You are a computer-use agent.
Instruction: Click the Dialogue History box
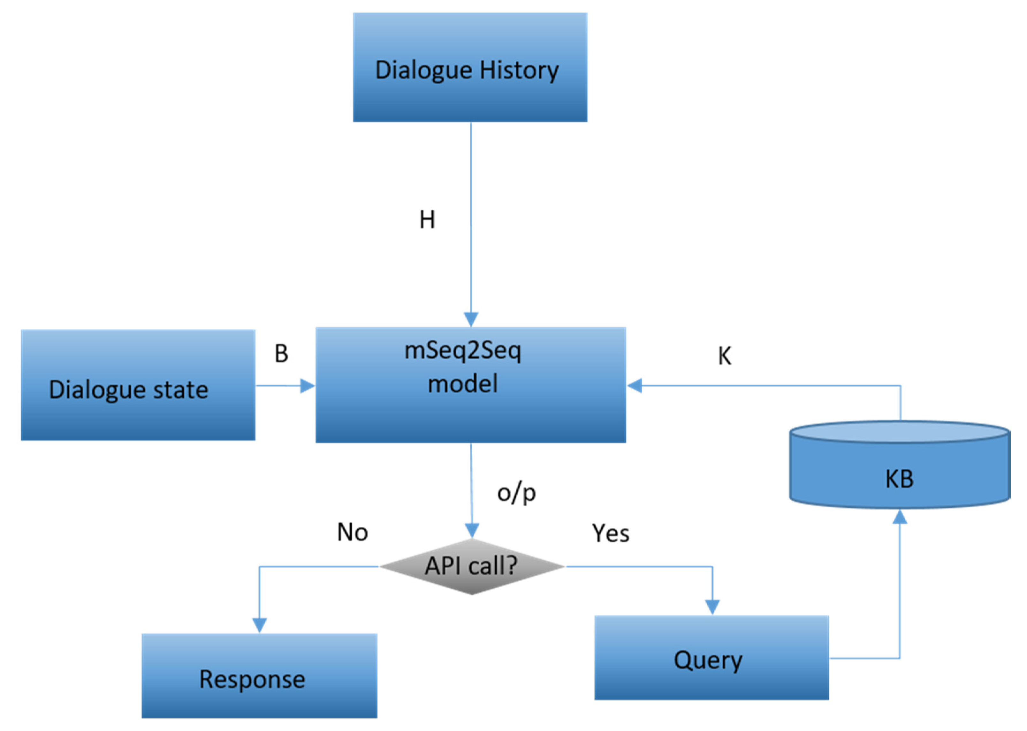pos(470,68)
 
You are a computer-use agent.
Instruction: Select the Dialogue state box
pos(138,385)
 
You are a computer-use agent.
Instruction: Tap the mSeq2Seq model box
pos(471,385)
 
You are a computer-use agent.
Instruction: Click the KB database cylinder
pos(900,468)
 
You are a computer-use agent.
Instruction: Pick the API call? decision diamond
pos(472,566)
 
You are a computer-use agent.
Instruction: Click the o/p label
pos(516,493)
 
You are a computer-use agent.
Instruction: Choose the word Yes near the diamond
pos(610,533)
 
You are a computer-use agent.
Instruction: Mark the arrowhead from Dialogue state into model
pos(307,386)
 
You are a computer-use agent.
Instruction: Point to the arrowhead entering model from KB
pos(635,386)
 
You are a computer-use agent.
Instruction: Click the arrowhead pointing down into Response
pos(259,625)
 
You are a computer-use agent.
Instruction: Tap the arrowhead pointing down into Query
pos(712,607)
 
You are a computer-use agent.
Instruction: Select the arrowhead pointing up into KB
pos(900,517)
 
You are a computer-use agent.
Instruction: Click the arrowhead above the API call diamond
pos(472,530)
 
